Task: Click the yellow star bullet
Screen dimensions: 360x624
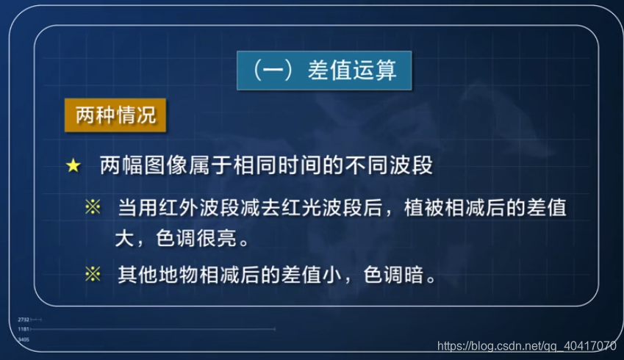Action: [x=73, y=166]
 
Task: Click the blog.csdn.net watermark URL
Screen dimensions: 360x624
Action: [x=526, y=345]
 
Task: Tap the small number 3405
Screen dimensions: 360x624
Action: [x=24, y=339]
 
